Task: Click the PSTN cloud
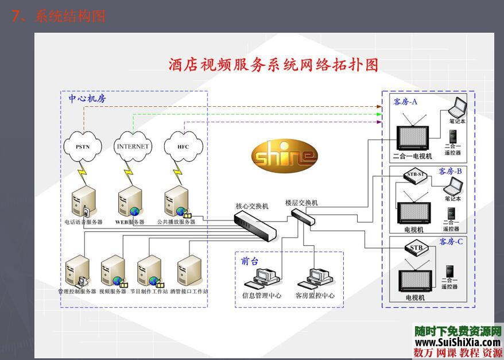pyautogui.click(x=83, y=146)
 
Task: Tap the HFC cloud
pyautogui.click(x=183, y=146)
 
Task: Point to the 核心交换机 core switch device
pyautogui.click(x=255, y=224)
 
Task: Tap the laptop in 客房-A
pyautogui.click(x=458, y=109)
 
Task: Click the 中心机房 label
pyautogui.click(x=87, y=98)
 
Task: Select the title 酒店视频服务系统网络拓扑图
pyautogui.click(x=273, y=64)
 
